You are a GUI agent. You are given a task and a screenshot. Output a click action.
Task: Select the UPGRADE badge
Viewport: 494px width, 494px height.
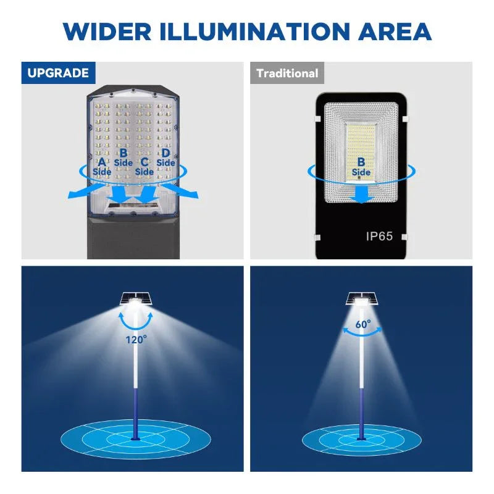[x=58, y=73]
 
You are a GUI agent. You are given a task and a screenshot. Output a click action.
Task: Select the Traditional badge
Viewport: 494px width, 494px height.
[x=287, y=73]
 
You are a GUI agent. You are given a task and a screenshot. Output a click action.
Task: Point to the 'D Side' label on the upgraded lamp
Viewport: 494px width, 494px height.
[x=165, y=157]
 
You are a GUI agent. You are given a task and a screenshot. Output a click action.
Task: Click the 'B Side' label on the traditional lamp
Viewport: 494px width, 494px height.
[x=361, y=167]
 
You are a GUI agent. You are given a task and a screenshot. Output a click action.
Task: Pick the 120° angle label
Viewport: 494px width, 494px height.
[x=136, y=338]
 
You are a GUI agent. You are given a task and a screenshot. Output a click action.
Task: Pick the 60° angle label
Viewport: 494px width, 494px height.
[x=363, y=324]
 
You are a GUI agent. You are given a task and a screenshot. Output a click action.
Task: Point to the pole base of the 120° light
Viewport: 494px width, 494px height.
[x=135, y=438]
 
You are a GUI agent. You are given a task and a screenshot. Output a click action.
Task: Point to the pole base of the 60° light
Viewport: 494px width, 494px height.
[x=362, y=438]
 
